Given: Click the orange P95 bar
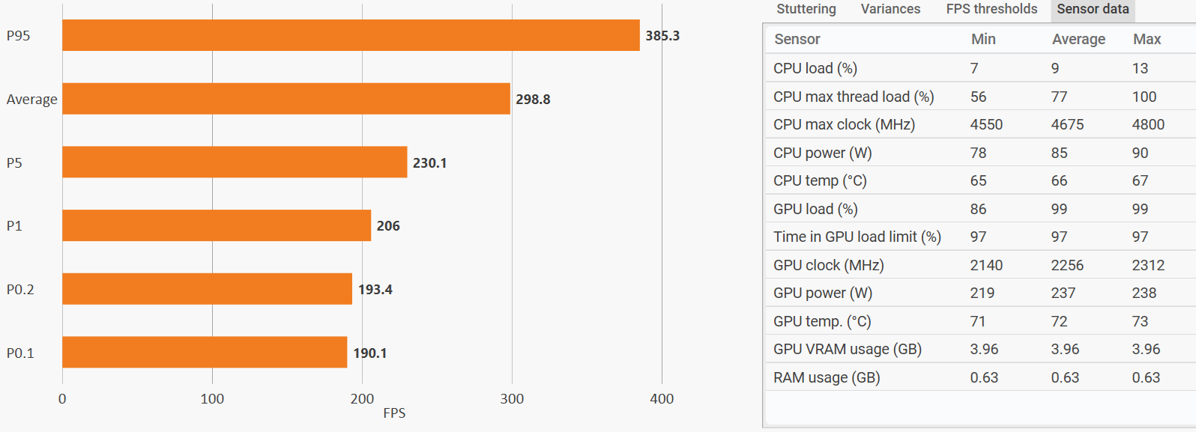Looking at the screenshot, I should pyautogui.click(x=351, y=35).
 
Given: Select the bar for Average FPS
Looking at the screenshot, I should pyautogui.click(x=286, y=99).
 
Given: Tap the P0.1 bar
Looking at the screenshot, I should pyautogui.click(x=205, y=352).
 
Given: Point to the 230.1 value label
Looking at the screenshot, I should pyautogui.click(x=429, y=163).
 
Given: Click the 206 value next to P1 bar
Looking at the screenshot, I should pyautogui.click(x=388, y=226).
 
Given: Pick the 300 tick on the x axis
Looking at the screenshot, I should pyautogui.click(x=512, y=399).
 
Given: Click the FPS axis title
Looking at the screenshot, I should pyautogui.click(x=394, y=413).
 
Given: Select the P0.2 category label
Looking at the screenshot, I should pyautogui.click(x=20, y=290).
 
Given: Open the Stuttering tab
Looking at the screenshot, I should pyautogui.click(x=806, y=9).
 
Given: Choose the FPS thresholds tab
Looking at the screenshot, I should pyautogui.click(x=991, y=9).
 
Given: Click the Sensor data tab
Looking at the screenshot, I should pyautogui.click(x=1093, y=9).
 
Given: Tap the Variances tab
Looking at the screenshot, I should pyautogui.click(x=890, y=9).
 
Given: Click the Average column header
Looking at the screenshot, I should pyautogui.click(x=1078, y=39).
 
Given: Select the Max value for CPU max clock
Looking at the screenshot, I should pyautogui.click(x=1148, y=124).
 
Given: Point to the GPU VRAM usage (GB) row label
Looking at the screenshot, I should pyautogui.click(x=848, y=349).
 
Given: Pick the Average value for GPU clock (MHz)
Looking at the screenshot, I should pyautogui.click(x=1067, y=265).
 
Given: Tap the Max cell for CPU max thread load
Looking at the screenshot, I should pyautogui.click(x=1144, y=97).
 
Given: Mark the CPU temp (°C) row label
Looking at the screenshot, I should pyautogui.click(x=820, y=180).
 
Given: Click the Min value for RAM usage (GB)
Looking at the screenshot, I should pyautogui.click(x=984, y=377).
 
